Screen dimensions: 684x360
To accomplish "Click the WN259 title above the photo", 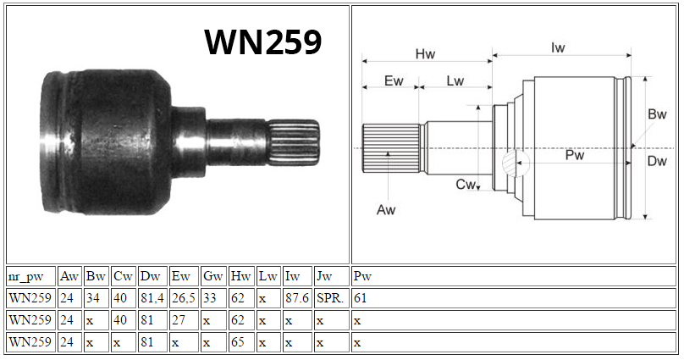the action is pyautogui.click(x=263, y=42).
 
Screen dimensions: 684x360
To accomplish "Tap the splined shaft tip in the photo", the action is pyautogui.click(x=294, y=142).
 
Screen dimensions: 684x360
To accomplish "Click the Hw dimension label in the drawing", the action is pyautogui.click(x=425, y=54).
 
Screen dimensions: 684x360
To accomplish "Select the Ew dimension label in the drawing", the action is pyautogui.click(x=394, y=80).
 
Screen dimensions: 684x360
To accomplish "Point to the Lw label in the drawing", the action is pyautogui.click(x=455, y=80).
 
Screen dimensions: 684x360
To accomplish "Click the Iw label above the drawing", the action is pyautogui.click(x=558, y=47).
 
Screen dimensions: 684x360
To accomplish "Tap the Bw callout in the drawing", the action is pyautogui.click(x=657, y=114).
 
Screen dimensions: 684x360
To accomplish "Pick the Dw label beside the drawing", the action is pyautogui.click(x=657, y=161).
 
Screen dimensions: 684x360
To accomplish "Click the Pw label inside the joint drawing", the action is pyautogui.click(x=575, y=155).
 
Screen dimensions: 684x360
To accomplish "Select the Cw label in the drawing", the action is pyautogui.click(x=465, y=184).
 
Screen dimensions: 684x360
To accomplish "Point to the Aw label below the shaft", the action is pyautogui.click(x=386, y=210).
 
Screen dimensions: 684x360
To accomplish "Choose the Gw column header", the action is pyautogui.click(x=213, y=276).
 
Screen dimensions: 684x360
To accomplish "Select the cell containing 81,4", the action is pyautogui.click(x=152, y=298).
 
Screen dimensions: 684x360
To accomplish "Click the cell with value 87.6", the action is pyautogui.click(x=297, y=298).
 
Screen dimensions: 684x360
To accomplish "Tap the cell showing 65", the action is pyautogui.click(x=241, y=341).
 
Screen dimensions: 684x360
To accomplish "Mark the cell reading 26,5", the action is pyautogui.click(x=184, y=298).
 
